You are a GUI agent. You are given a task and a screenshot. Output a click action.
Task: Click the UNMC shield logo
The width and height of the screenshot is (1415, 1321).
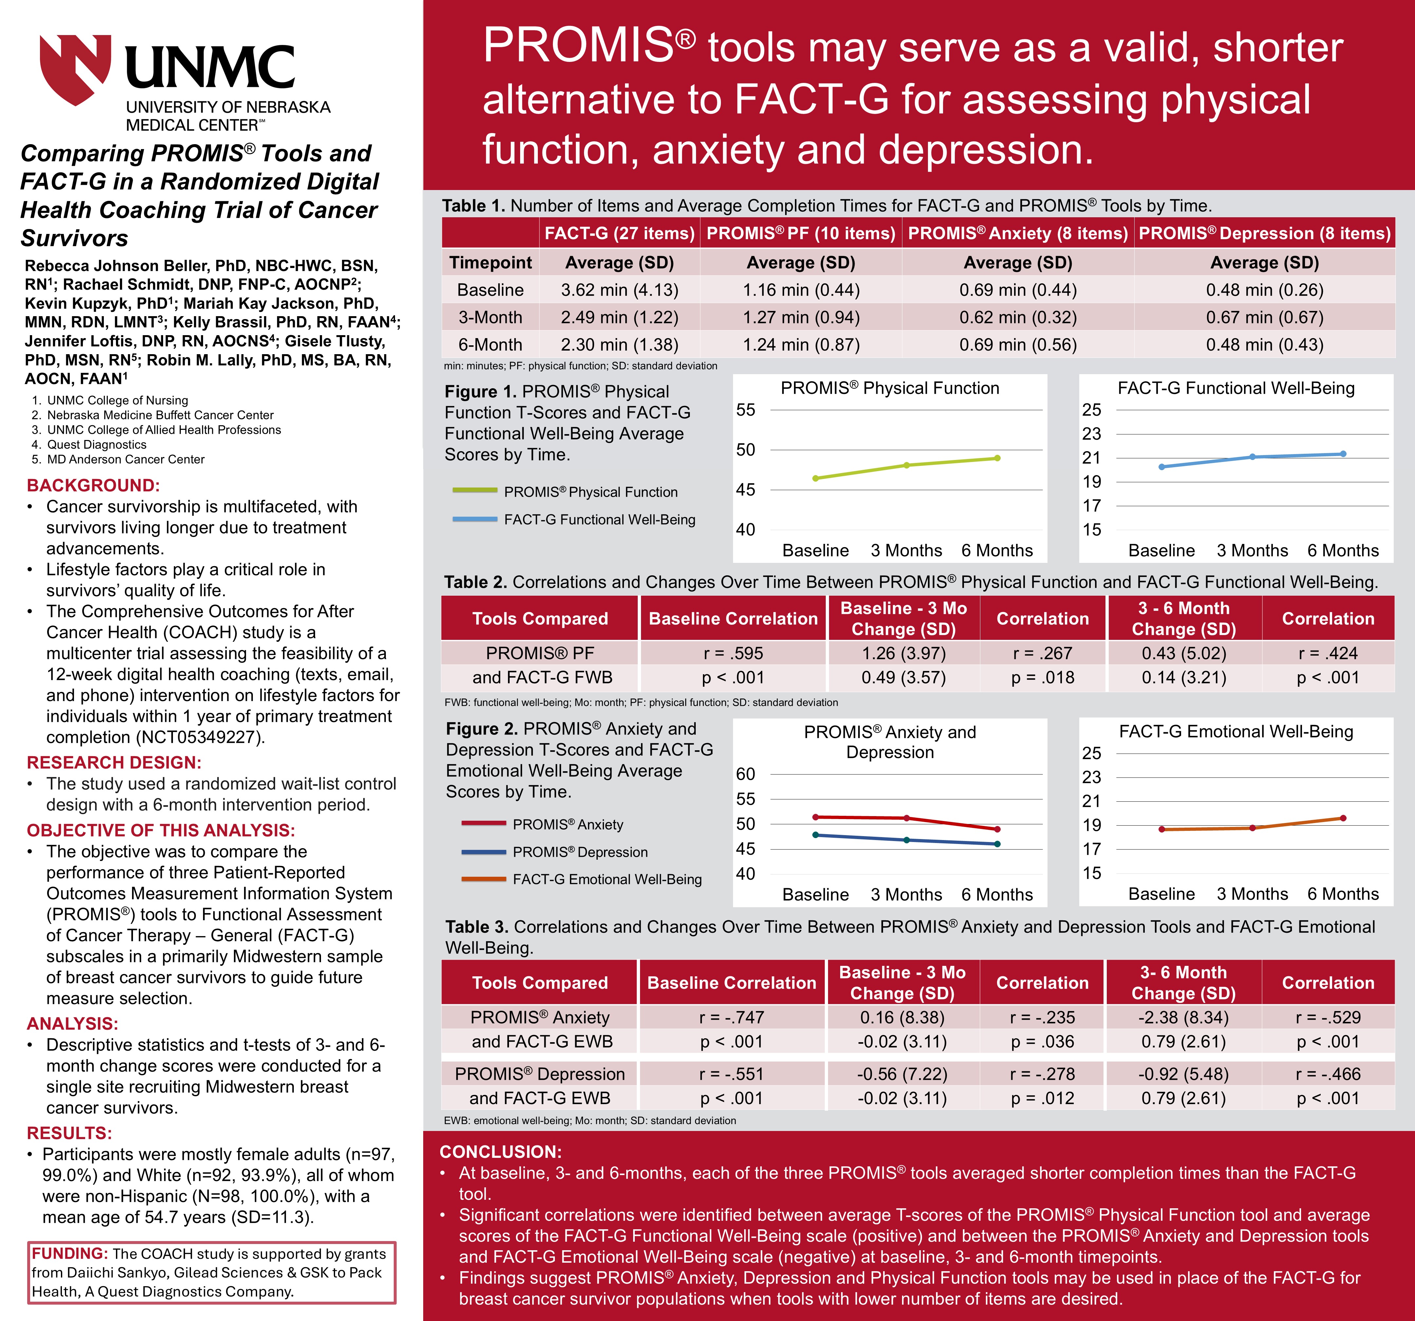(x=75, y=69)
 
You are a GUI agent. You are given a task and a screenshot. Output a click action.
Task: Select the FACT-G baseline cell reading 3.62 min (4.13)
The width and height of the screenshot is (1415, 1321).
(x=619, y=290)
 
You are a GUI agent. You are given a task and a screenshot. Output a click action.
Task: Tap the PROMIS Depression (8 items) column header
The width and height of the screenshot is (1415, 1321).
(x=1264, y=234)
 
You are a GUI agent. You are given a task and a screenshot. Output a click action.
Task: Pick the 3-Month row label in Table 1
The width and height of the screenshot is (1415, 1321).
(x=490, y=317)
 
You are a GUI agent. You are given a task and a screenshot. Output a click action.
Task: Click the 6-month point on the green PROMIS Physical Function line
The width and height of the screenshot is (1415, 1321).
(x=997, y=458)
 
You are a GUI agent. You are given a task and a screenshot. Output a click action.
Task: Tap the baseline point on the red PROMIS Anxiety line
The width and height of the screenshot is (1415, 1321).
(x=816, y=817)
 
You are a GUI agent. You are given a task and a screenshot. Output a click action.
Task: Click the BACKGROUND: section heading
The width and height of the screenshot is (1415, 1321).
(x=93, y=486)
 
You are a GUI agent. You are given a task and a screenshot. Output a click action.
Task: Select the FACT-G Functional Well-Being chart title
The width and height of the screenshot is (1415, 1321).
(x=1236, y=388)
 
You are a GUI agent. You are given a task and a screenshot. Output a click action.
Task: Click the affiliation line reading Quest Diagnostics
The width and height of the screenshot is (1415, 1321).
(x=97, y=444)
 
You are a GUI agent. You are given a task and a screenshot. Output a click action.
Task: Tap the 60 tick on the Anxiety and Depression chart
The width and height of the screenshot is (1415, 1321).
(x=745, y=774)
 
